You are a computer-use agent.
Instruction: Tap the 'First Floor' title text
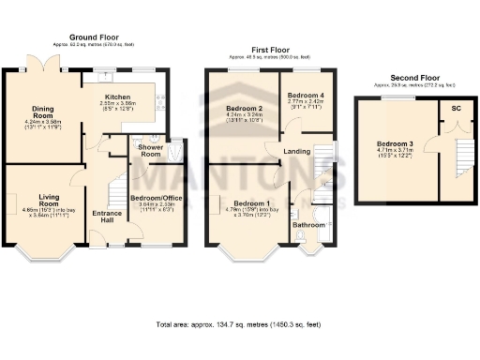269,49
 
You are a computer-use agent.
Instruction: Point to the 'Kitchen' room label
117,97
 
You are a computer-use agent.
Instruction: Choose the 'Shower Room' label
151,150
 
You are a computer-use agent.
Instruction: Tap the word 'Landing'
298,151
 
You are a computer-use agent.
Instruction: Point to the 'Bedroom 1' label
251,203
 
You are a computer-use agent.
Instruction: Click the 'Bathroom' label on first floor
307,225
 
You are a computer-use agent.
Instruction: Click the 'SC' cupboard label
456,109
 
